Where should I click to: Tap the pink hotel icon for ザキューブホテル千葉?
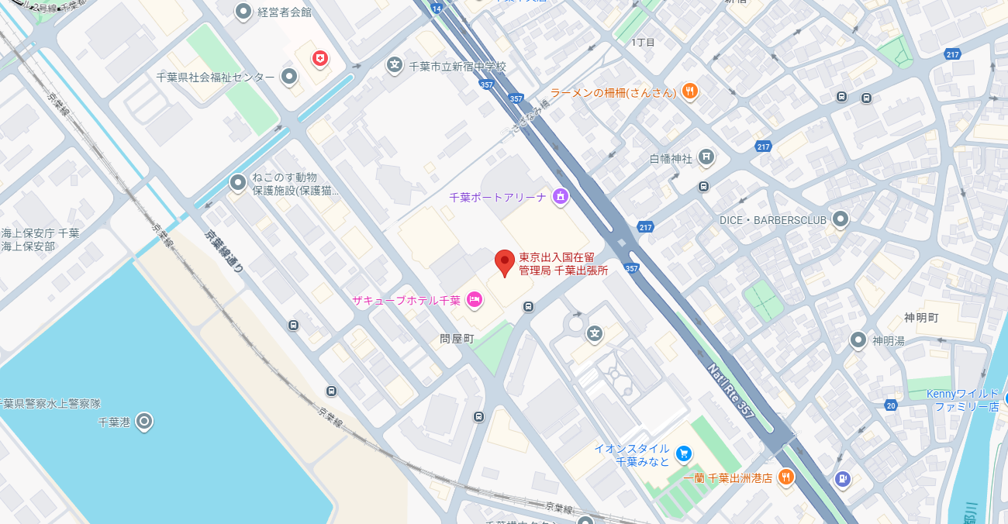tap(474, 300)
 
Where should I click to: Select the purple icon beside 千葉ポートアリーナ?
tap(560, 197)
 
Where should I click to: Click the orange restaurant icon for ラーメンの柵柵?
tap(689, 92)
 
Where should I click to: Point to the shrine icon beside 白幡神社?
tap(706, 158)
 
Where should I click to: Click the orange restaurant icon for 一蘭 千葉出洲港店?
tap(786, 477)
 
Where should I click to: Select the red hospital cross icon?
tap(319, 58)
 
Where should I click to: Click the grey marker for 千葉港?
tap(143, 422)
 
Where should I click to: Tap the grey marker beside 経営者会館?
tap(243, 12)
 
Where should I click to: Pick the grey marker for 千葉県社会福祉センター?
tap(289, 77)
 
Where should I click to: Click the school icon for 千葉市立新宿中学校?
tap(395, 67)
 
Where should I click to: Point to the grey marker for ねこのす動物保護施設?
tap(238, 183)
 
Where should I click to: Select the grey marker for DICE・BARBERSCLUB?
tap(841, 219)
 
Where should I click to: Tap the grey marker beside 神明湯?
tap(858, 340)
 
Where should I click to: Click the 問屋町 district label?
tap(456, 339)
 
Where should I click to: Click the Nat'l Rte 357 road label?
tap(731, 389)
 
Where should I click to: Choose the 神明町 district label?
tap(921, 318)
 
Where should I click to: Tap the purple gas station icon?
tap(842, 479)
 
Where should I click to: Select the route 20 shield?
tap(891, 405)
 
